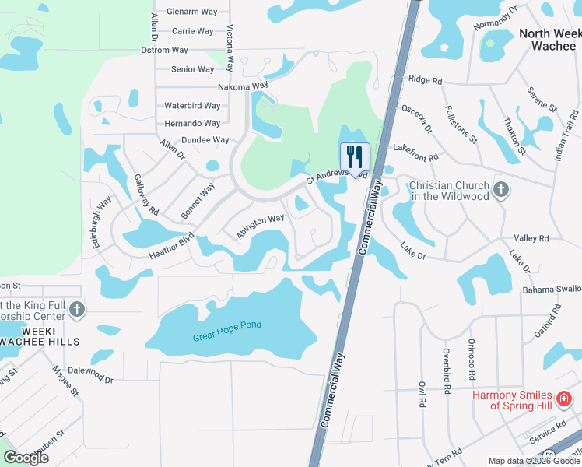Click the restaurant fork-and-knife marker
click(355, 157)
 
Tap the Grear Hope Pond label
click(227, 325)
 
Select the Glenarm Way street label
click(192, 12)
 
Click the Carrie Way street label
click(192, 31)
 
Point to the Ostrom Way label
click(165, 50)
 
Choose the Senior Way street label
click(193, 69)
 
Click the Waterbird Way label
click(192, 106)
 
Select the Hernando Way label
click(192, 123)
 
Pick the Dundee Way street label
click(205, 140)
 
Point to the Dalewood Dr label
click(90, 376)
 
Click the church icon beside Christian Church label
click(501, 188)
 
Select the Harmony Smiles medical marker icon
click(566, 400)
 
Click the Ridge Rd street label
click(425, 80)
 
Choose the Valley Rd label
click(531, 238)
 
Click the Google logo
click(26, 457)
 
